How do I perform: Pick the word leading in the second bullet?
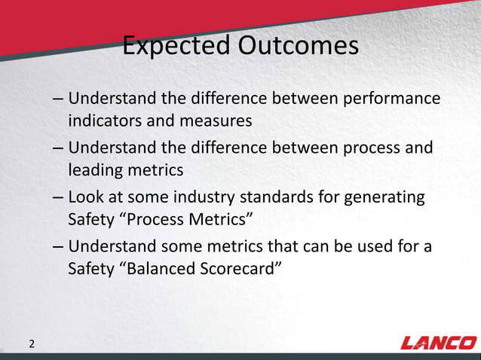point(97,169)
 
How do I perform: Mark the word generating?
point(387,197)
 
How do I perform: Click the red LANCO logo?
point(437,343)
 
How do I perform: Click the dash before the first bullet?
point(58,100)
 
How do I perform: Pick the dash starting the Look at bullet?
point(58,199)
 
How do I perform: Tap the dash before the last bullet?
point(58,248)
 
